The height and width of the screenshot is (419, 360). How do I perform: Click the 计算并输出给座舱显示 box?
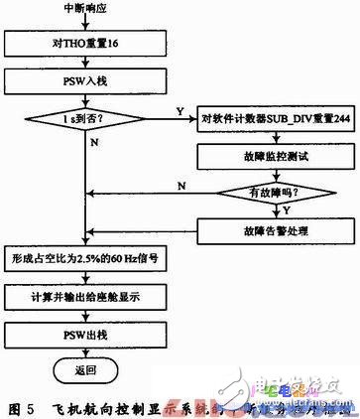click(x=83, y=298)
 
